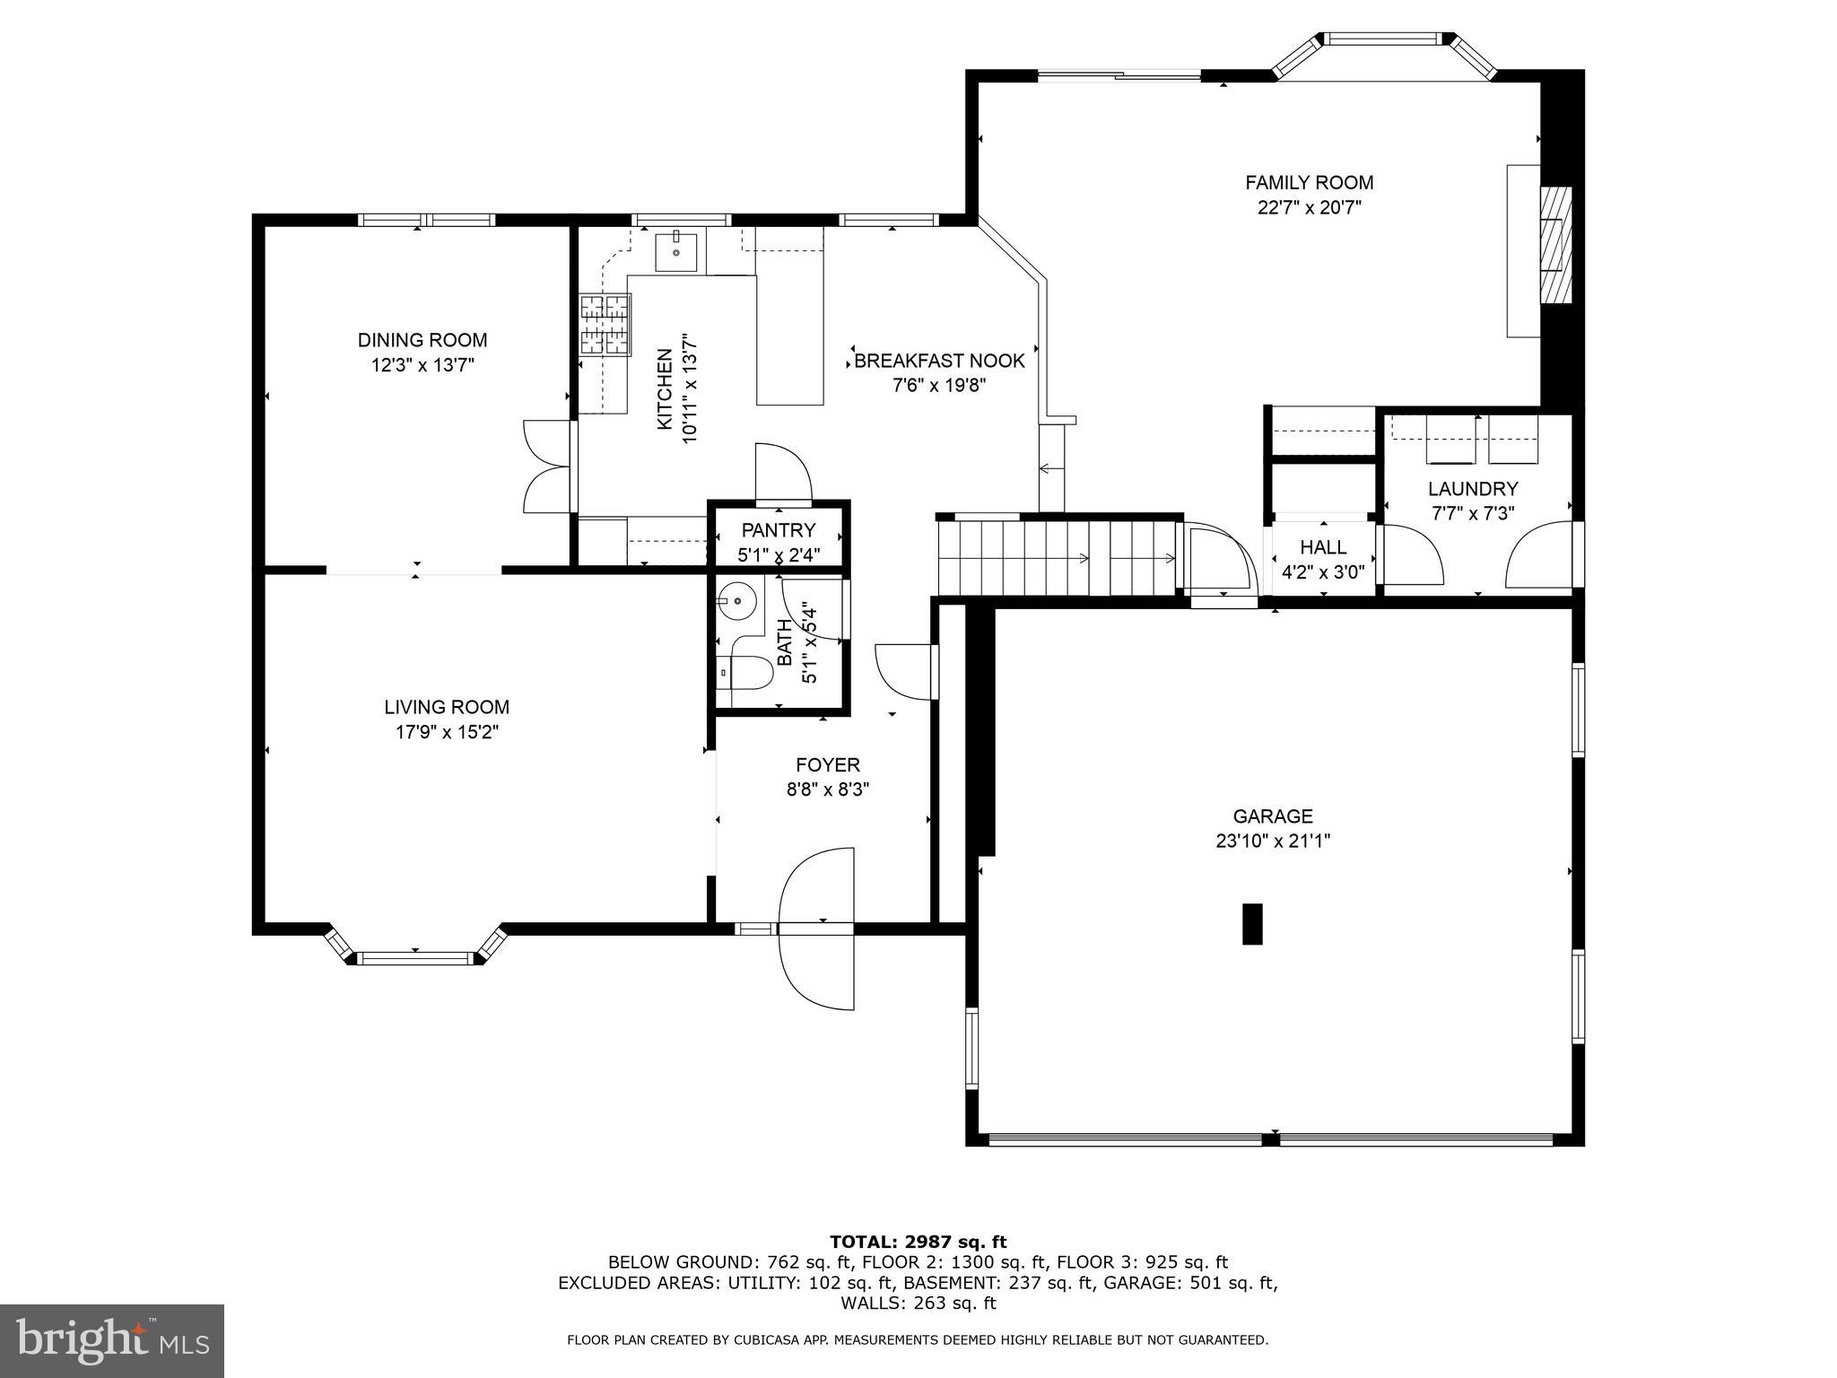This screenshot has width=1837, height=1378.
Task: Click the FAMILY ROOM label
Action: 1309,183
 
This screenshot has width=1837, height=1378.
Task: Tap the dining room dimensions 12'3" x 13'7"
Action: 422,365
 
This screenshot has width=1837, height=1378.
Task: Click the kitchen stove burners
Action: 605,324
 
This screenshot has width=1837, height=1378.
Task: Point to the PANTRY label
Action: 778,530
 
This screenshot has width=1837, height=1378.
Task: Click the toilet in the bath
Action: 750,672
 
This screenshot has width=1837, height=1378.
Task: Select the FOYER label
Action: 827,765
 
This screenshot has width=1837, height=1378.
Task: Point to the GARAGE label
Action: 1272,816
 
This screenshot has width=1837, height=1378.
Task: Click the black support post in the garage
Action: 1252,923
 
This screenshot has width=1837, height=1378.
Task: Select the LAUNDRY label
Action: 1473,489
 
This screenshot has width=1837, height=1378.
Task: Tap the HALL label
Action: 1323,547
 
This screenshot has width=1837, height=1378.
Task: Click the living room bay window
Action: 416,956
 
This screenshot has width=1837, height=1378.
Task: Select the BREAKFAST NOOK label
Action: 939,362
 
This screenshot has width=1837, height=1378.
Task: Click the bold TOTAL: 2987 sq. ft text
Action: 918,1243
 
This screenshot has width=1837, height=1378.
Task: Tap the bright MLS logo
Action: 112,1341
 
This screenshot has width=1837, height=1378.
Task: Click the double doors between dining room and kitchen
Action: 547,467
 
